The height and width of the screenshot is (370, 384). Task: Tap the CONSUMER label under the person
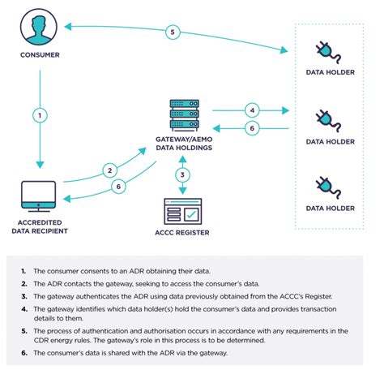[x=40, y=55]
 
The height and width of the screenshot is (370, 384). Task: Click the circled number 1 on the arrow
[x=39, y=114]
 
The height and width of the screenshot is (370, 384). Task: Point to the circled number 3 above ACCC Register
[x=184, y=174]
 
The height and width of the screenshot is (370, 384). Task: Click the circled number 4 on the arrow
[x=252, y=110]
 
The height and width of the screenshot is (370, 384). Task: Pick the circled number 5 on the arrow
[x=172, y=32]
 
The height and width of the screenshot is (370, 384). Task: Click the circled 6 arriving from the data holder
[x=252, y=129]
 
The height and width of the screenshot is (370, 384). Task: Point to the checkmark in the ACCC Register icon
[x=193, y=214]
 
